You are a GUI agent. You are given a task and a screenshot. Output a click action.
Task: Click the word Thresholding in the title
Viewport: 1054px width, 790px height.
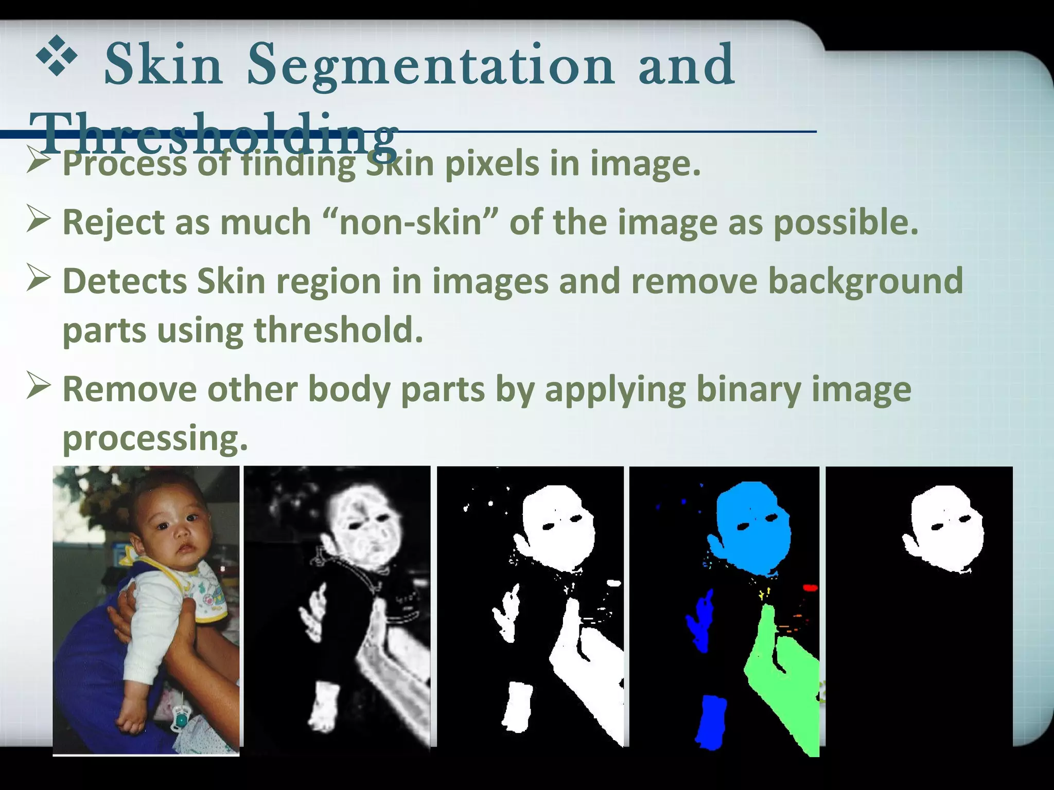(x=214, y=135)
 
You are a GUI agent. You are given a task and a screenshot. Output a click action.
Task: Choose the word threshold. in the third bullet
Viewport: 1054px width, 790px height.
(x=339, y=330)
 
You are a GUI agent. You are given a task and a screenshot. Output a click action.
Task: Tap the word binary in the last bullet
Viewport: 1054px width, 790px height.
(x=748, y=389)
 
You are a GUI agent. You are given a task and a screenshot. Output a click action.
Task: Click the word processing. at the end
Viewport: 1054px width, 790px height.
(x=155, y=438)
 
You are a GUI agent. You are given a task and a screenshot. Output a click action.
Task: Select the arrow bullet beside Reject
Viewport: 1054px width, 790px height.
(x=38, y=219)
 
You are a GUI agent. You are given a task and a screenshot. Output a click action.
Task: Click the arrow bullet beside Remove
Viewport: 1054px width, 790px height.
(x=38, y=386)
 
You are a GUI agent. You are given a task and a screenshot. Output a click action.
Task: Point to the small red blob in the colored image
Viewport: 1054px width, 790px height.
(x=810, y=587)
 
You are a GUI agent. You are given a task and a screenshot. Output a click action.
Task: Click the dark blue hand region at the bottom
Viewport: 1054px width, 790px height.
(x=711, y=720)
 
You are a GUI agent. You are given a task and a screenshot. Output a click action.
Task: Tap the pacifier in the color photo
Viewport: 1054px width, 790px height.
(x=180, y=718)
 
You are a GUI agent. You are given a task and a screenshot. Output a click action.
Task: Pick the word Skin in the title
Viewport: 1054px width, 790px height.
(x=164, y=66)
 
